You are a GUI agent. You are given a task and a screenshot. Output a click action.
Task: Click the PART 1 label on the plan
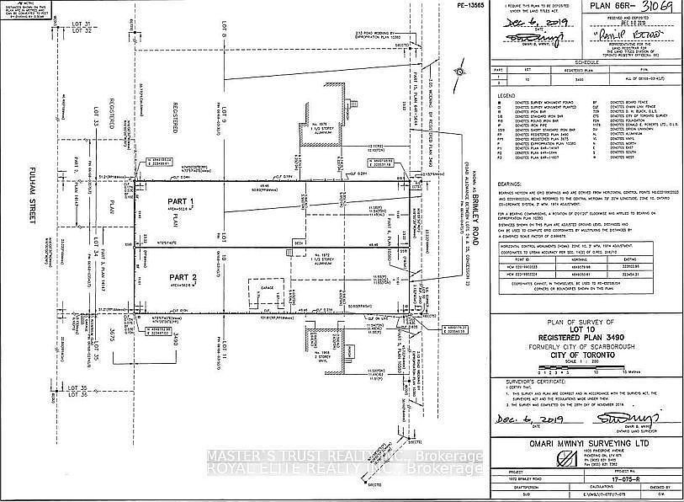[x=179, y=202]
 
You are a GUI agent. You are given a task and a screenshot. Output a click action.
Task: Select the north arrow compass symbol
[x=459, y=74]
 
